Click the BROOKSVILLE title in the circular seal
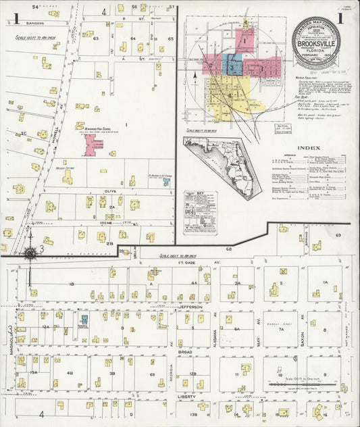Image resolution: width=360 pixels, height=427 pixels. coord(316,41)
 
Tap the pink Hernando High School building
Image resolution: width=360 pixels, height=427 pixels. coord(93,142)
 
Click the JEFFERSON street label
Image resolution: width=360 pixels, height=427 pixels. coord(192,306)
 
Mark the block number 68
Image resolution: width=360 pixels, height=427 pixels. coord(228,249)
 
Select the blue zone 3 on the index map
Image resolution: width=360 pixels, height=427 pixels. coord(232,67)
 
